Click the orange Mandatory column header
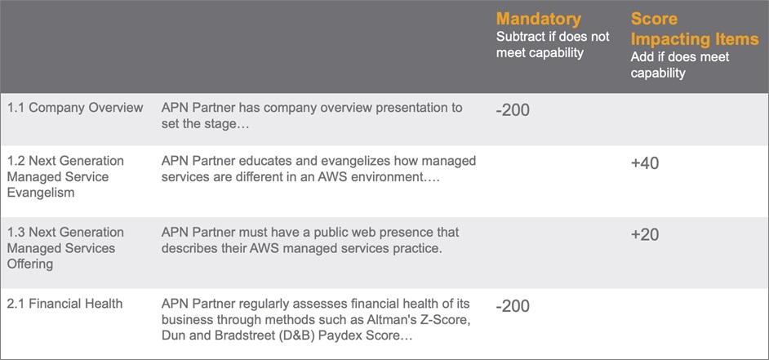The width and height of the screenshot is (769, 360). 539,19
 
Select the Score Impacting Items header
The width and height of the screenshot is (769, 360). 695,29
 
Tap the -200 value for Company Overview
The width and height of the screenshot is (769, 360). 513,110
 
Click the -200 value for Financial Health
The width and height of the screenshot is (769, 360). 513,307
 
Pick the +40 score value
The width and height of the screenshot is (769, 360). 645,163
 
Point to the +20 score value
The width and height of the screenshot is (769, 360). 645,235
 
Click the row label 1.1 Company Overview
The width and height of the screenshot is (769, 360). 75,108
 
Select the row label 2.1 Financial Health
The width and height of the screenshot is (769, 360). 64,304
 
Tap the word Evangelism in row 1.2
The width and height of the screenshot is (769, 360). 41,193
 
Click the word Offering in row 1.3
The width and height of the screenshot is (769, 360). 30,264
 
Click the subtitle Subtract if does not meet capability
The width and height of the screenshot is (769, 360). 553,44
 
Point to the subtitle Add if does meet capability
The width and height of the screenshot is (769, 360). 680,64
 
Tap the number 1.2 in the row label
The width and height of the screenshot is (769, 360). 16,162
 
